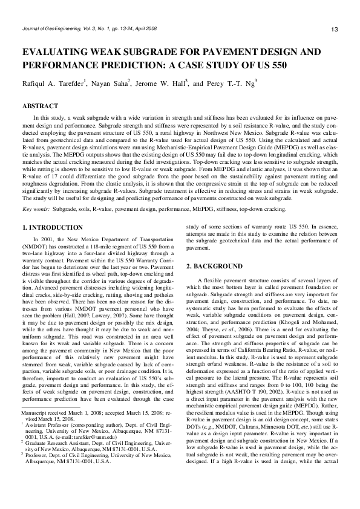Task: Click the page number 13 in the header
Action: pos(334,30)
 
